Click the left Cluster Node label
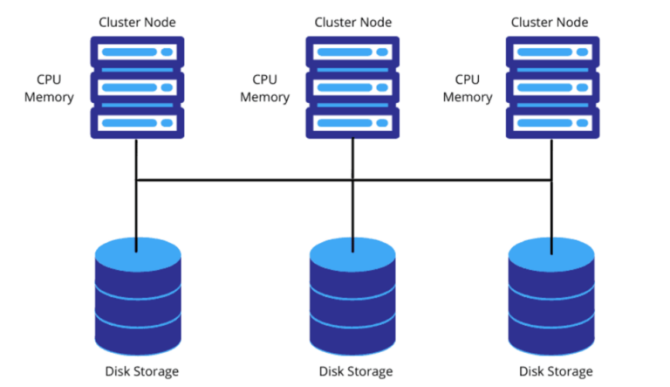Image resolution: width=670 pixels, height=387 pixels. point(136,21)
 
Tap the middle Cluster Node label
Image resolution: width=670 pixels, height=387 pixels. point(352,21)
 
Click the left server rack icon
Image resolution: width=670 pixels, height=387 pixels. point(136,87)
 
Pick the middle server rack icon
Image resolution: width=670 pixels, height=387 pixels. point(352,87)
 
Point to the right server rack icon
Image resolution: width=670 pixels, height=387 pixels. point(551,87)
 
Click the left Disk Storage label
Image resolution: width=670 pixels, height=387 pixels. point(137,371)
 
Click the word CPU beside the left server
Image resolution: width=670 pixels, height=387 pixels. point(50,79)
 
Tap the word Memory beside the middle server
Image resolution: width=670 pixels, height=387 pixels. point(264,97)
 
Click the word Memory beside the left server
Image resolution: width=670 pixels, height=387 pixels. point(50,97)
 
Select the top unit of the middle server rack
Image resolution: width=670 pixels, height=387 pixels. point(352,53)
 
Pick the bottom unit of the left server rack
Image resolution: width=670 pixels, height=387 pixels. point(136,122)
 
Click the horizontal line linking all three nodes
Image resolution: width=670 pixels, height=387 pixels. point(244,181)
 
